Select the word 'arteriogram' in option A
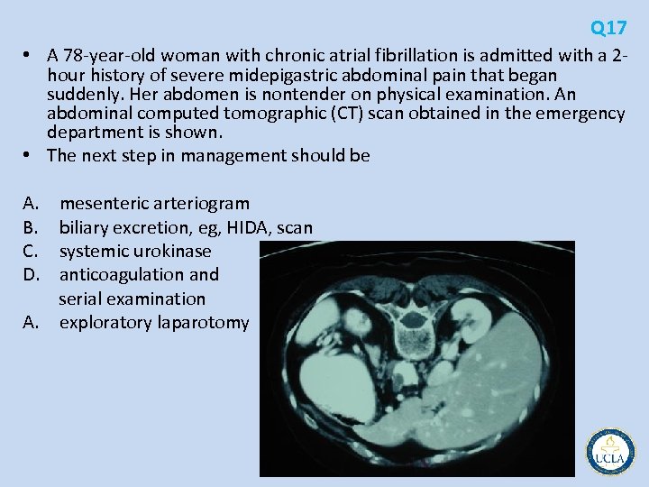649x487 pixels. coord(207,204)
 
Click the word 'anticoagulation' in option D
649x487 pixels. coord(118,274)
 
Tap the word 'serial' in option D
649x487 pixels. coord(81,298)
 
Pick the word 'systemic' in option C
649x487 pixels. coord(95,251)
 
